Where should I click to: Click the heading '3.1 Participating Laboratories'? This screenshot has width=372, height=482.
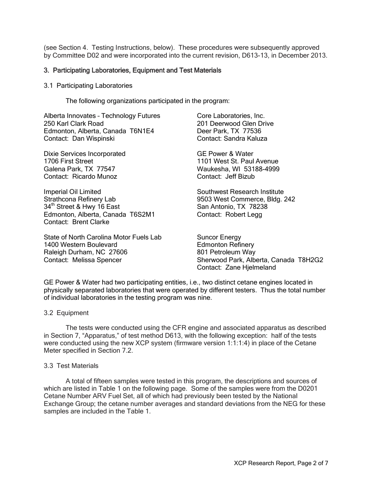click(88, 85)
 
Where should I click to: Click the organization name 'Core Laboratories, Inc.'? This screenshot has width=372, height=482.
click(231, 116)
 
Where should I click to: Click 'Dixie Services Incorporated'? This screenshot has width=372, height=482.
click(85, 154)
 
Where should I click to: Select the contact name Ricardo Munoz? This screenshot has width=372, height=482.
click(95, 176)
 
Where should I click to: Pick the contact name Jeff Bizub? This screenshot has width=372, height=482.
click(240, 176)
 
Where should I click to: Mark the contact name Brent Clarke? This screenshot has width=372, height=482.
click(91, 222)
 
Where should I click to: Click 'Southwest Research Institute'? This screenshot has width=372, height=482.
click(240, 192)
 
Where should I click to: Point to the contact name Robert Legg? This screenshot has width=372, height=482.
click(244, 214)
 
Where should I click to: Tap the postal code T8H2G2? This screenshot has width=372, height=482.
click(311, 260)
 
